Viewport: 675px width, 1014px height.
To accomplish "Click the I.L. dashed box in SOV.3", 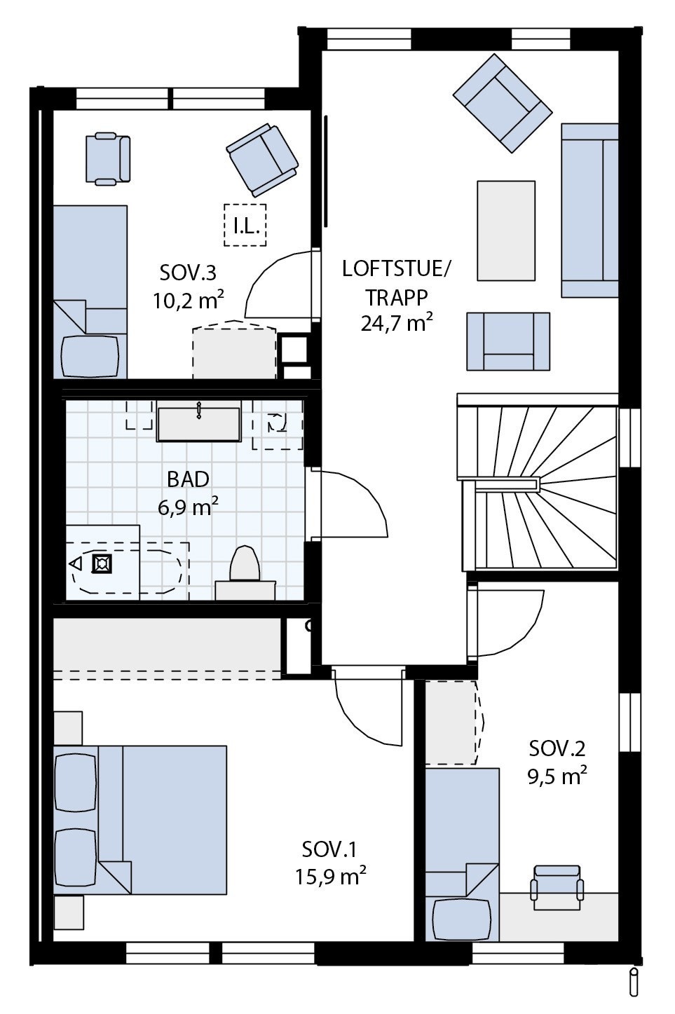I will (245, 225).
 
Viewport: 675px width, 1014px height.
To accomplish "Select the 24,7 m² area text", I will (397, 324).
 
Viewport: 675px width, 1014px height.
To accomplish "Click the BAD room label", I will (188, 479).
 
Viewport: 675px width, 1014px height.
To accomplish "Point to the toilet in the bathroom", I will (245, 566).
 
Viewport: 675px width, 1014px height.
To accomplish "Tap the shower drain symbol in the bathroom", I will (102, 563).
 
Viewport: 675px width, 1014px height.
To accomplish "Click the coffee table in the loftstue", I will (505, 231).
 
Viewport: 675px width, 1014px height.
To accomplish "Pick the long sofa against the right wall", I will (589, 210).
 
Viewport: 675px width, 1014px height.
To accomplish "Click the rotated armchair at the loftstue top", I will (502, 104).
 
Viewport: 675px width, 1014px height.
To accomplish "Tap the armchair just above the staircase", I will (508, 341).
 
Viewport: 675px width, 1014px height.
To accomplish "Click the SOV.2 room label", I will (557, 748).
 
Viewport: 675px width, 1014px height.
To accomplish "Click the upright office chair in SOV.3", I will (107, 159).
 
